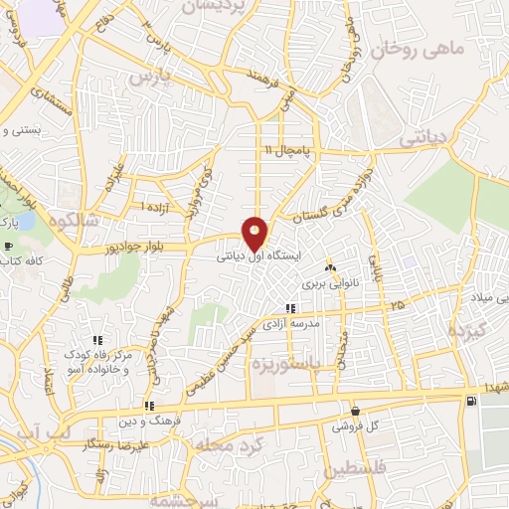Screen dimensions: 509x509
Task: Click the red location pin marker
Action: click(x=255, y=233)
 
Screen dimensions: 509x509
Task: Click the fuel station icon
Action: click(x=470, y=401)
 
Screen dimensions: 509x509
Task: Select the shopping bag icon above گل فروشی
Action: click(x=355, y=411)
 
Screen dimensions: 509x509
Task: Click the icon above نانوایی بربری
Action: click(x=331, y=268)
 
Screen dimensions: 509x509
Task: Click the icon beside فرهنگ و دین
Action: click(x=148, y=405)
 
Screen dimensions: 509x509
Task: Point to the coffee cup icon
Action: click(x=9, y=246)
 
